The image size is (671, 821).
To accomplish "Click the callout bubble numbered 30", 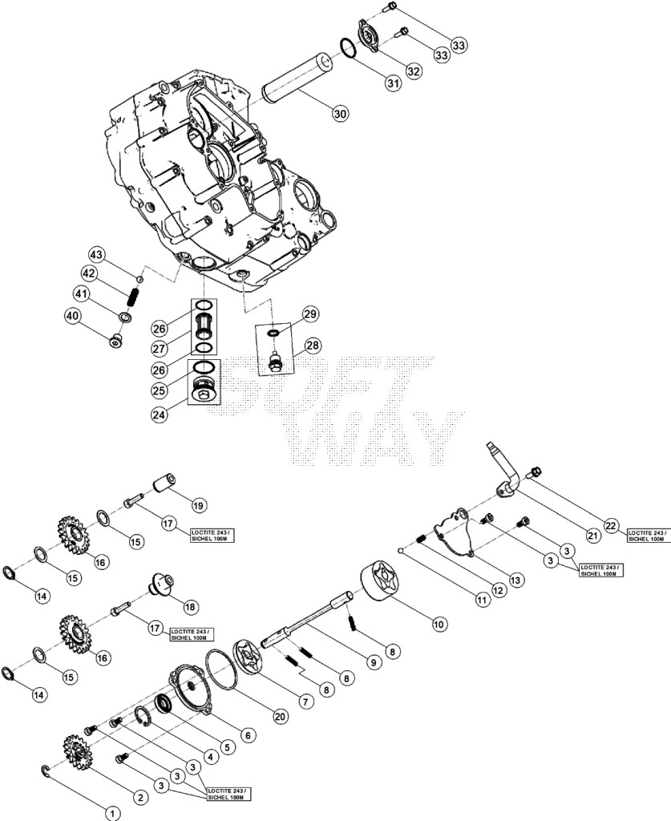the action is point(340,114).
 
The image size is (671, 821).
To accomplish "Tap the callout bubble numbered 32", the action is point(414,71).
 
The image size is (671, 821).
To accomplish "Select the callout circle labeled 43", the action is point(96,255).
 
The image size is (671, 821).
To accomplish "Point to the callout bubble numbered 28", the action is point(313,346).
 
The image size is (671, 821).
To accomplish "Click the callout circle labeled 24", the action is point(160,415).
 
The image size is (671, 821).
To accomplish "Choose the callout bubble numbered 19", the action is point(198,505).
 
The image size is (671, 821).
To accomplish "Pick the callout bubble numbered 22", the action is point(612,526).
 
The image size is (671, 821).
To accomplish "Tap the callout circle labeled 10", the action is point(438,624).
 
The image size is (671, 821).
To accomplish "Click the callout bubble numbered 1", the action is point(112,813).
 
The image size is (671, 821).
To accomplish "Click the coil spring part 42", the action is point(133,297).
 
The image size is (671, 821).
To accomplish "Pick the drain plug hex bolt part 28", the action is point(273,363).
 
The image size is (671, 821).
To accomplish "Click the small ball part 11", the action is point(401,550).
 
